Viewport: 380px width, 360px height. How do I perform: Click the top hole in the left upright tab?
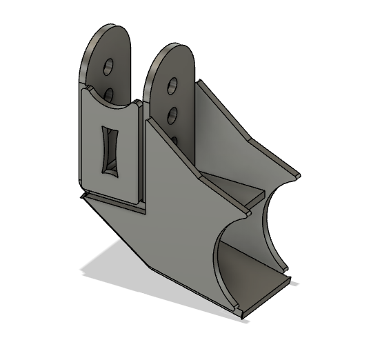109,67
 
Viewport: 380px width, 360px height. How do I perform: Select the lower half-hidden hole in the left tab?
108,92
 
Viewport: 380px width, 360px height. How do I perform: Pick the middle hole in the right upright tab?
172,112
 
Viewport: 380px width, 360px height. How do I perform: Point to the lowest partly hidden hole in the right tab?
174,140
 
